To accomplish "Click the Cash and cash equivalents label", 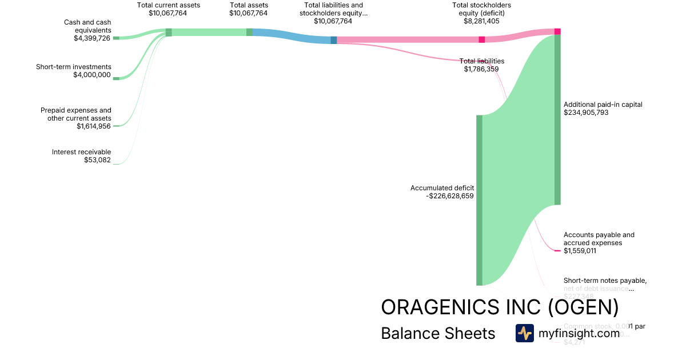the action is click(87, 26).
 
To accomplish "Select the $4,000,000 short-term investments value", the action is click(92, 75).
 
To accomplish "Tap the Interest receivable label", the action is click(82, 152).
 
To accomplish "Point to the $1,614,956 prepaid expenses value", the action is click(94, 126).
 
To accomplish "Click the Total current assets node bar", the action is click(169, 33).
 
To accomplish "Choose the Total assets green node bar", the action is click(249, 33).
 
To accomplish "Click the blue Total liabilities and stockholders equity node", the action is click(334, 40).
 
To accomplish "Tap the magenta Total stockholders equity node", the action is click(481, 39).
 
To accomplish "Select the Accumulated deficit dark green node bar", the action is click(479, 200).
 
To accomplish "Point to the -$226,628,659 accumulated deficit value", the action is click(450, 196).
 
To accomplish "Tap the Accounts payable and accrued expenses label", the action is click(599, 238).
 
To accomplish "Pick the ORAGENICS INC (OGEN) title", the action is click(500, 307).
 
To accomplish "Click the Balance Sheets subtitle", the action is click(438, 333).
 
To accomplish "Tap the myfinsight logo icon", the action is click(524, 333).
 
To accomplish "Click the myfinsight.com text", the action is click(579, 333).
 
